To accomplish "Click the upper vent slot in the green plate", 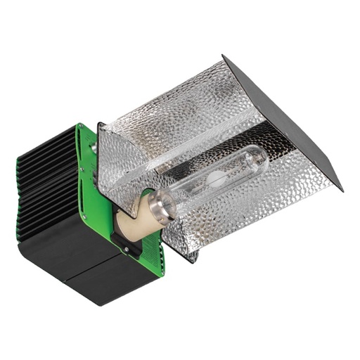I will tap(91, 176).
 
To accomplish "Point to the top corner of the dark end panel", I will tap(224, 56).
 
